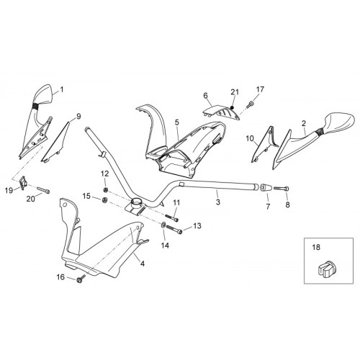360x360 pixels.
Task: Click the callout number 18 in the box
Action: [x=316, y=247]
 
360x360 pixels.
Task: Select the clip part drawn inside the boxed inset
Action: [x=325, y=270]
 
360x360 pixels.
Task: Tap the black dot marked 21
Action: [x=232, y=108]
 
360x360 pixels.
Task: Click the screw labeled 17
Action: [x=251, y=104]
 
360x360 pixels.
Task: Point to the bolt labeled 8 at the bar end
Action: [x=282, y=189]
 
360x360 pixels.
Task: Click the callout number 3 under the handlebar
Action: [x=217, y=202]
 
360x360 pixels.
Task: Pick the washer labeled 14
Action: [x=163, y=225]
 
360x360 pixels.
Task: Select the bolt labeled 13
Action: [x=174, y=230]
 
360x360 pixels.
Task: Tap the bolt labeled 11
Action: [x=171, y=218]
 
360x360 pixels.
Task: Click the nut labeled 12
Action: [x=105, y=190]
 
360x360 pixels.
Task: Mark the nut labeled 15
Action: [x=104, y=199]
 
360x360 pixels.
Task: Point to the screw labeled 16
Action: [x=81, y=279]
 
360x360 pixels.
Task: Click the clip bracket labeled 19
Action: [x=23, y=183]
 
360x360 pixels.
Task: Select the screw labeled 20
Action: [x=43, y=190]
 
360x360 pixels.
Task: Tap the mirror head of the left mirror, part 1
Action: [x=44, y=94]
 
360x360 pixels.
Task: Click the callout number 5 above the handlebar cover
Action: [x=177, y=122]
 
